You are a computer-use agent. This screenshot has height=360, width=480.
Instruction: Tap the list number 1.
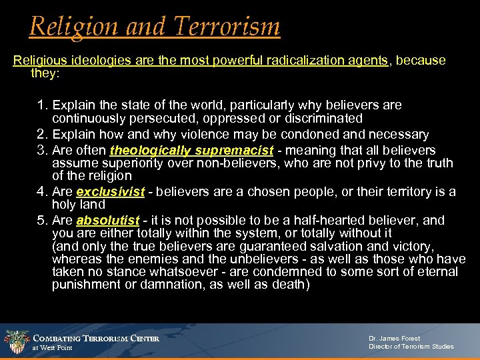coord(41,105)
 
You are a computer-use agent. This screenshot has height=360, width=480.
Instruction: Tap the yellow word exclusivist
coord(111,192)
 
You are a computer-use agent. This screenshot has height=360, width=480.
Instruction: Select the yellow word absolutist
coord(108,221)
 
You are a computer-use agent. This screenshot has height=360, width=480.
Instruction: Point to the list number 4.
coord(41,192)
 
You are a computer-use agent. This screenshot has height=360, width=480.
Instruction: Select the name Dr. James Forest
coord(394,339)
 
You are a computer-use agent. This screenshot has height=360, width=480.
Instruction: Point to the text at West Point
coord(53,348)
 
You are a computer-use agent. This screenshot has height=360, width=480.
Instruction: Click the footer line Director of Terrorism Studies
coord(411,347)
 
